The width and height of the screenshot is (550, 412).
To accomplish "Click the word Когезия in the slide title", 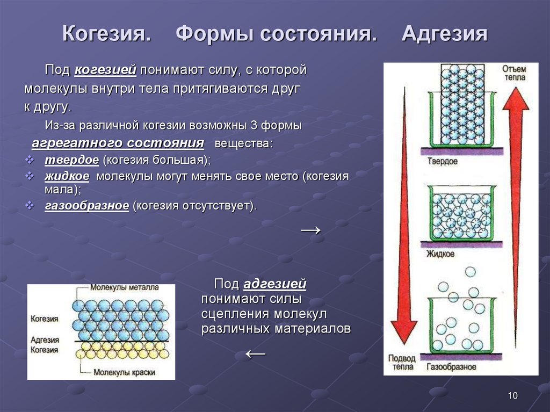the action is (x=107, y=34).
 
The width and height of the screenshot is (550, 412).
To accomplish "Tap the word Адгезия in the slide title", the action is (x=444, y=34).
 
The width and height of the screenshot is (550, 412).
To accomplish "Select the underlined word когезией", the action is (x=105, y=70).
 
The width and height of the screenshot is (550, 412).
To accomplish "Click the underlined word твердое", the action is (x=72, y=160).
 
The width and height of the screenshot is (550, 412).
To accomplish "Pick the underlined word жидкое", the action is (x=67, y=176).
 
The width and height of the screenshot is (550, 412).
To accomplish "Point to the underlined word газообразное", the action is (x=87, y=206).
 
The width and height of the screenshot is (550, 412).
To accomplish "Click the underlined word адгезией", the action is (x=274, y=284).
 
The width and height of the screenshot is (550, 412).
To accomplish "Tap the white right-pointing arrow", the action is (x=311, y=230).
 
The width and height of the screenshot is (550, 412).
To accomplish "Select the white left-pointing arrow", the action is (x=255, y=354).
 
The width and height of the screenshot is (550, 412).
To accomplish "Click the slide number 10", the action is (x=512, y=396).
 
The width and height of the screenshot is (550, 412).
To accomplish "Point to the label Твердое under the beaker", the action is (x=443, y=162).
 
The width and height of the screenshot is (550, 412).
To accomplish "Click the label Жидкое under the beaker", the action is (x=440, y=254).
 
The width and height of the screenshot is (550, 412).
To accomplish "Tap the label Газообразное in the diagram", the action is (x=451, y=367).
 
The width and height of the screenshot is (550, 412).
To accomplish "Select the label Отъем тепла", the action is (x=515, y=73).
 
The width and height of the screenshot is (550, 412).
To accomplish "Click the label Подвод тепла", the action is (x=402, y=363).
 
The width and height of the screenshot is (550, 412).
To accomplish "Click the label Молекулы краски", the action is (x=124, y=372).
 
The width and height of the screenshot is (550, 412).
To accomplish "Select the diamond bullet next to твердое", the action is (x=30, y=160).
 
